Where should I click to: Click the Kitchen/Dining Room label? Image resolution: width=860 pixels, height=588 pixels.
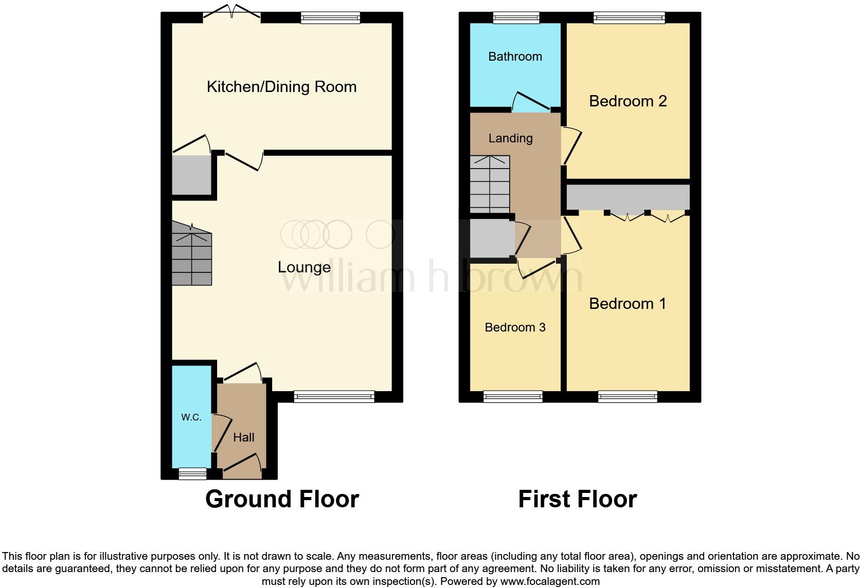coord(281,86)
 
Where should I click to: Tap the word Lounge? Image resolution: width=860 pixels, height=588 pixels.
coord(303,267)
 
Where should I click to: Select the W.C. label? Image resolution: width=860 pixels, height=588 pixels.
coord(191,417)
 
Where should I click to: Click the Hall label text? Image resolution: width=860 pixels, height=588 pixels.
coord(243,437)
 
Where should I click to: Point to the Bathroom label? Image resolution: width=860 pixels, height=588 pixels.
coord(515,57)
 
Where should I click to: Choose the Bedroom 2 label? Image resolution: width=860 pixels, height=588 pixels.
coord(628,101)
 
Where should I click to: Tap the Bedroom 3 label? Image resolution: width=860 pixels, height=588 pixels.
coord(515,327)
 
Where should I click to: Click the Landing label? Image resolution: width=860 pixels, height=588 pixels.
coord(510,138)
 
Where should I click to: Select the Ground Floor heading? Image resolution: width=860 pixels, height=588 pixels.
coord(282,499)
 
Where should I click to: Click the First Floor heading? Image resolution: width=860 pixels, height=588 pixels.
coord(577,499)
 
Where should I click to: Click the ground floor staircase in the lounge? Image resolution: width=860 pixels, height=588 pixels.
coord(191,254)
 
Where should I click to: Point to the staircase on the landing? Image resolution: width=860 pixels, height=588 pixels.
coord(490,184)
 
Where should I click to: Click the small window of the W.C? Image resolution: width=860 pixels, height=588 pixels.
coord(192,473)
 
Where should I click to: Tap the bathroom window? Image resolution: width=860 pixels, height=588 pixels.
coord(516,18)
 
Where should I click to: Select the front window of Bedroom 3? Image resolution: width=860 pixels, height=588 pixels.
coord(513,396)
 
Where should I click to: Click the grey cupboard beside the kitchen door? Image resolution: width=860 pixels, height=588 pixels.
coord(191,175)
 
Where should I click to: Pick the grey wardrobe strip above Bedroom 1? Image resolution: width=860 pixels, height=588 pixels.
coord(628,197)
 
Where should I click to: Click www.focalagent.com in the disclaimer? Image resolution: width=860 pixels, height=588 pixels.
coord(549,582)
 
